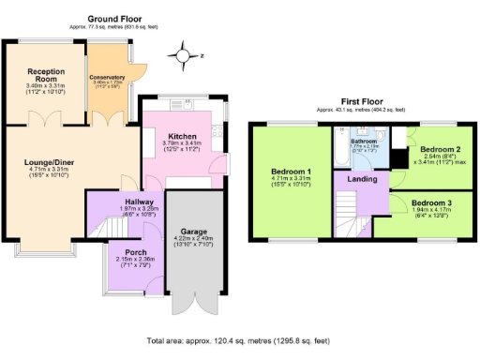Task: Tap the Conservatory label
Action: [107, 78]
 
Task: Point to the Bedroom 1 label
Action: [291, 172]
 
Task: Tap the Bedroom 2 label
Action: [439, 150]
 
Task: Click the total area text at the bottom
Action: [238, 342]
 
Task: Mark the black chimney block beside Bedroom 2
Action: [400, 137]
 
